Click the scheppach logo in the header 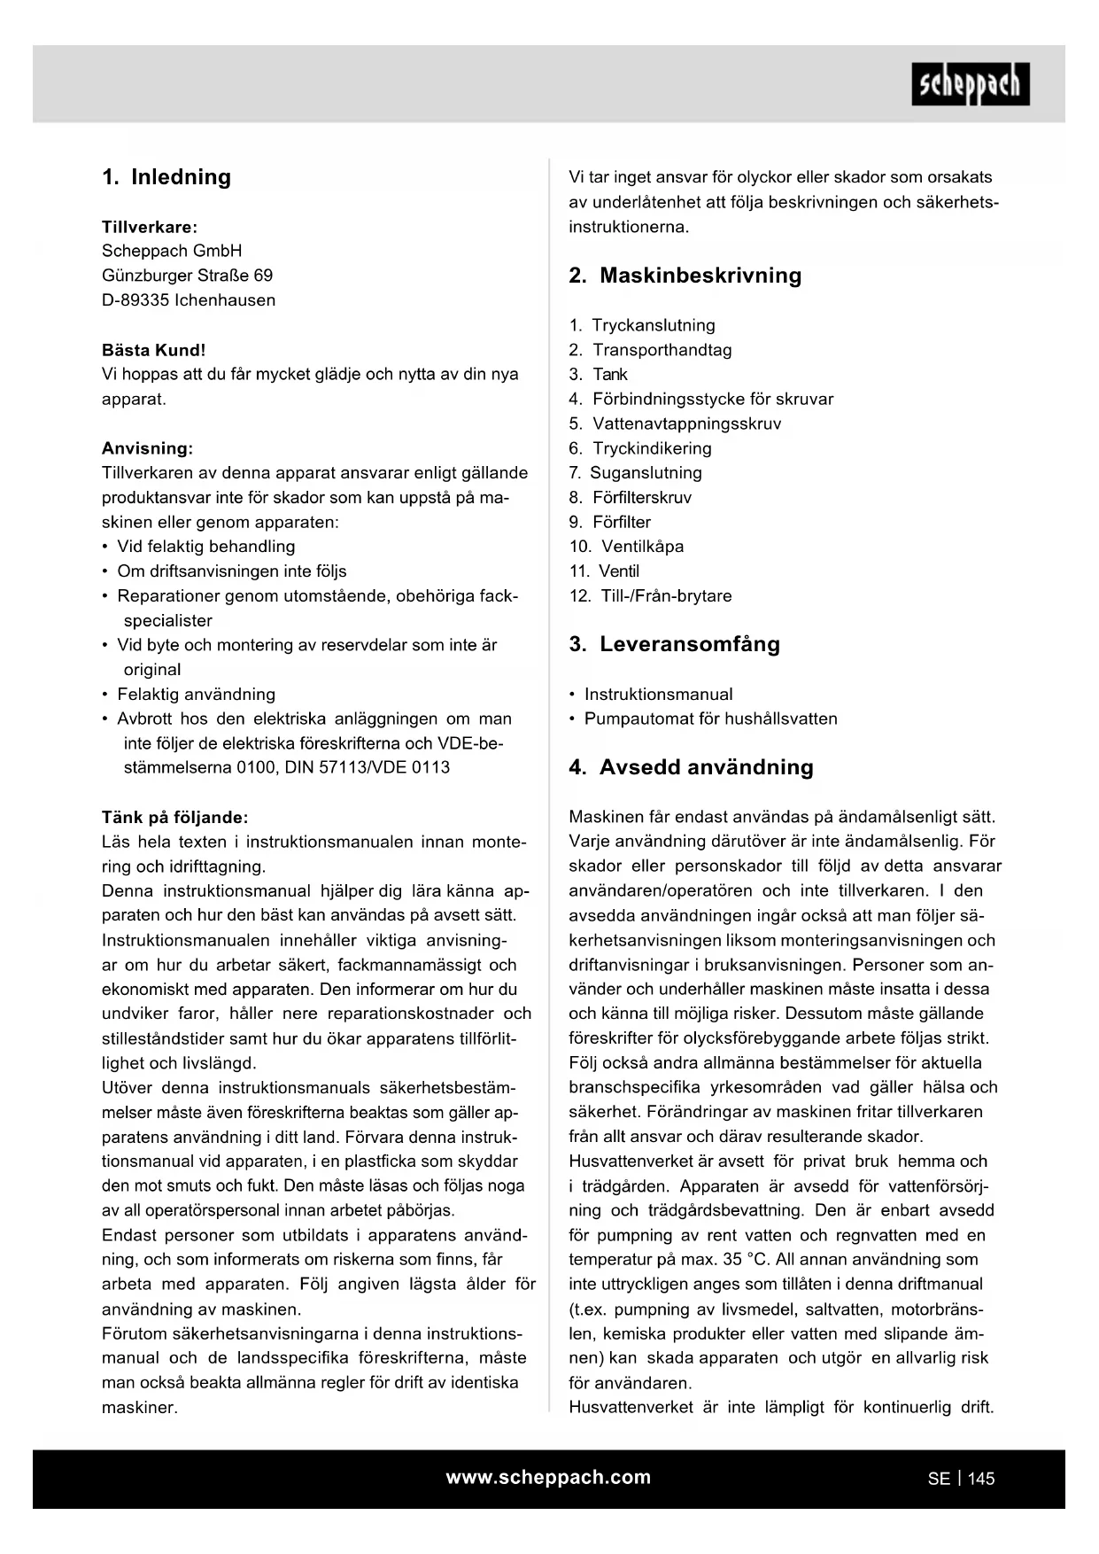coord(970,84)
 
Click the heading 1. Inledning coord(166,177)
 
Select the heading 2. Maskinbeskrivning coord(685,276)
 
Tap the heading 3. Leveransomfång coord(674,644)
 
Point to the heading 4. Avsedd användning coord(691,767)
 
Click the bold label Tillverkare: coord(150,227)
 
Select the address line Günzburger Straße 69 coord(187,276)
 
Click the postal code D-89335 coord(135,300)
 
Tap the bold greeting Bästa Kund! coord(153,350)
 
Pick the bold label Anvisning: coord(147,448)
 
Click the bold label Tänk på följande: coord(174,817)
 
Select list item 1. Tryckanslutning coord(642,325)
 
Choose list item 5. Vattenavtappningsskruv coord(675,423)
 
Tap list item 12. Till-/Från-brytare coord(650,595)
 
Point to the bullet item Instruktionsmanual coord(658,695)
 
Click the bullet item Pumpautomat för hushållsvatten coord(710,719)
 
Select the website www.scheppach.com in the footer coord(548,1477)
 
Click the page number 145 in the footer coord(981,1479)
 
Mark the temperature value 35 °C coord(744,1260)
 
